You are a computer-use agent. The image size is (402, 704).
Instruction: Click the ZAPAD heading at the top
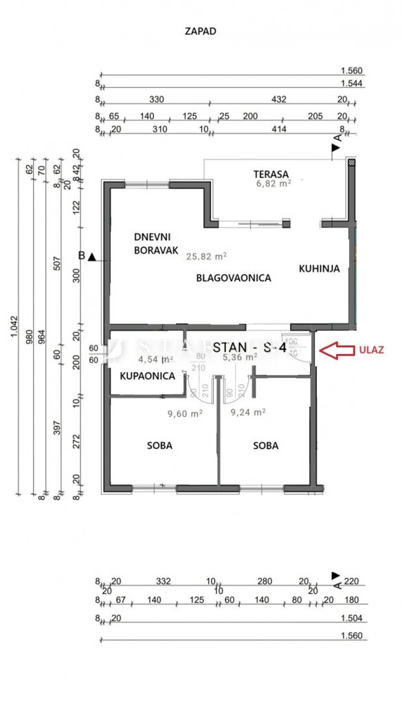[201, 31]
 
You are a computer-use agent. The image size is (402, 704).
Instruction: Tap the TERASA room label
[270, 174]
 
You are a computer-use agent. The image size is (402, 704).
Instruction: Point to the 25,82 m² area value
[207, 256]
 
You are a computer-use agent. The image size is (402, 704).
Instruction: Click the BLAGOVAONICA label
[234, 278]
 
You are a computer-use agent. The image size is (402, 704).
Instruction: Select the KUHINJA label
[319, 269]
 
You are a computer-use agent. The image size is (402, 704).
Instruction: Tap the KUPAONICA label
[147, 377]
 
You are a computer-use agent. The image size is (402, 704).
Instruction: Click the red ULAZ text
[370, 349]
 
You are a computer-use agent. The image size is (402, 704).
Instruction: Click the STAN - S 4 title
[249, 347]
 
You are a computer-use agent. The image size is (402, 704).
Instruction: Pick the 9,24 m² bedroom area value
[248, 413]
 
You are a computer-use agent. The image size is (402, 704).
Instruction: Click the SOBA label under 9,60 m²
[159, 445]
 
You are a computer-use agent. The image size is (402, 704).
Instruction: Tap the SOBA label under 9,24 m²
[265, 445]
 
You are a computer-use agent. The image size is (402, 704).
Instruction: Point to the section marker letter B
[82, 256]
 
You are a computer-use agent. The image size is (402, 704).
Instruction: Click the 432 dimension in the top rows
[279, 100]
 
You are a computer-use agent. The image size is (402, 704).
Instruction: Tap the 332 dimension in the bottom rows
[163, 582]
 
